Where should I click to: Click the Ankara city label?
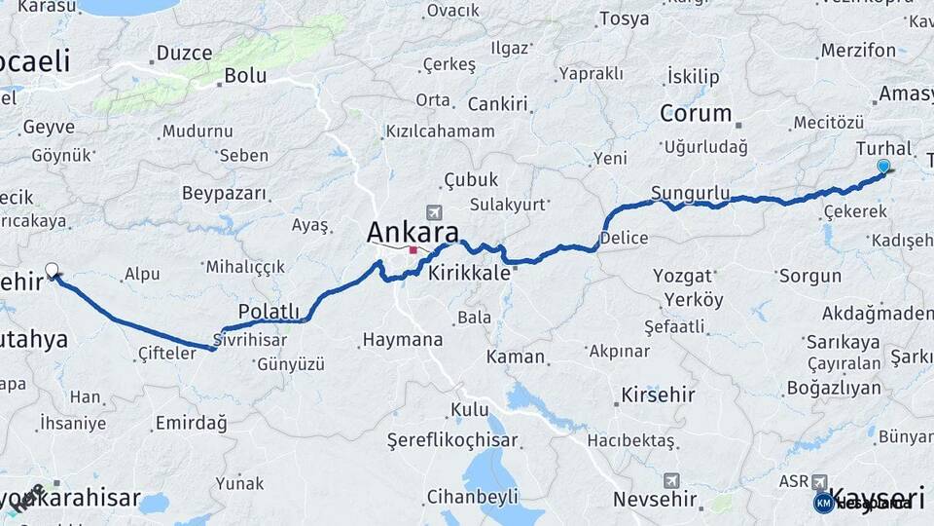click(413, 233)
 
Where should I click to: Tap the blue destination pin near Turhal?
click(882, 167)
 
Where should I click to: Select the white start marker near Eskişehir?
click(52, 270)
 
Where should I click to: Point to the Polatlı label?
click(269, 310)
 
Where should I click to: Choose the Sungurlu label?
click(690, 192)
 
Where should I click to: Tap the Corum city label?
click(696, 113)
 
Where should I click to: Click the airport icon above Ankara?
click(433, 211)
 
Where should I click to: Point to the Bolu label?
click(245, 75)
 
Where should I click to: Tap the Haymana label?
click(402, 340)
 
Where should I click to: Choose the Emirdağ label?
click(190, 423)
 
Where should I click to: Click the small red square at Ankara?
click(413, 250)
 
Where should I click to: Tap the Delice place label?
click(624, 238)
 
